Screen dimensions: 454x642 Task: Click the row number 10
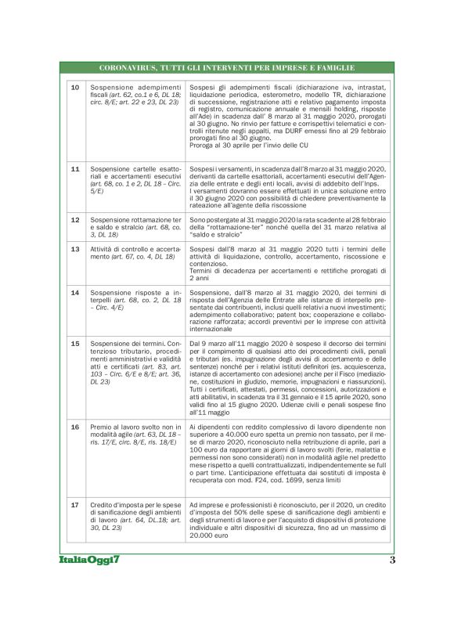tap(75, 88)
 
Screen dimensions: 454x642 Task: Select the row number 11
tap(75, 168)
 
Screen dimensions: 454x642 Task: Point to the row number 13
tap(75, 249)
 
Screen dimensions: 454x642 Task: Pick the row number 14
tap(75, 292)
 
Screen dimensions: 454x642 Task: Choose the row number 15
tap(75, 343)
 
